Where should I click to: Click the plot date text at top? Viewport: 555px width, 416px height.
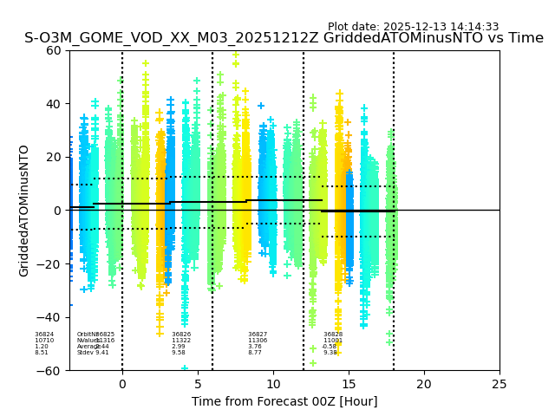[x=413, y=27]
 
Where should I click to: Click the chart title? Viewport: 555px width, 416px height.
[x=284, y=38]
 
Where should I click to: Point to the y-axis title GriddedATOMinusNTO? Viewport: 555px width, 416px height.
[x=24, y=211]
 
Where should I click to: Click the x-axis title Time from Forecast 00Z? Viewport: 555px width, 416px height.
[x=284, y=401]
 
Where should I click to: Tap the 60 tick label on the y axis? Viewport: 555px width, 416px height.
[x=54, y=50]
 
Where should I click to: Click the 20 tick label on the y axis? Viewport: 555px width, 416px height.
[x=54, y=157]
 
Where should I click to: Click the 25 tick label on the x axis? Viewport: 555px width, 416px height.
[x=499, y=384]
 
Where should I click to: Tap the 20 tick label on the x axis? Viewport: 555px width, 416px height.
[x=424, y=384]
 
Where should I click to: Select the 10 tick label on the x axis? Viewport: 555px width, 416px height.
[x=273, y=384]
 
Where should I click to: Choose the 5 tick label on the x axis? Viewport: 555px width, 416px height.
[x=198, y=384]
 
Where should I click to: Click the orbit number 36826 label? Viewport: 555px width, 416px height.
[x=181, y=335]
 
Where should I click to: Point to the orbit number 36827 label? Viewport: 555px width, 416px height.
[x=258, y=335]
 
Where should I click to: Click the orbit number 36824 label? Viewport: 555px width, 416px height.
[x=44, y=335]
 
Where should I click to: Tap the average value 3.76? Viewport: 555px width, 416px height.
[x=255, y=347]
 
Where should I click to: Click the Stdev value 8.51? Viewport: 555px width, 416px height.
[x=42, y=353]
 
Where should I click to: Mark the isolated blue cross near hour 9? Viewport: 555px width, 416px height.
[x=261, y=106]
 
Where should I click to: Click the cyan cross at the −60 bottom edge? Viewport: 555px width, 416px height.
[x=185, y=369]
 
